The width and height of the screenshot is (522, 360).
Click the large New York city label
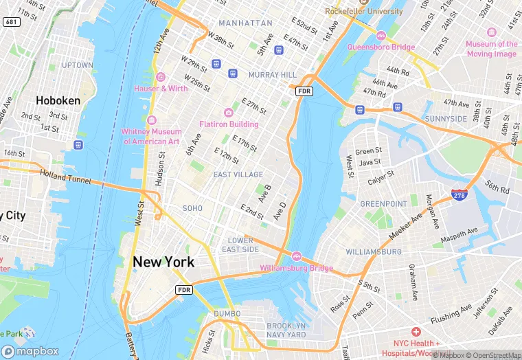[x=163, y=262]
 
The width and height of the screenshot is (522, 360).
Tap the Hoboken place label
[x=58, y=100]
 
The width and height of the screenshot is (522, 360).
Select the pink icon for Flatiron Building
[x=229, y=113]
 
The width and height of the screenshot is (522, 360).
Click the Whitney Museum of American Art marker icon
[x=151, y=120]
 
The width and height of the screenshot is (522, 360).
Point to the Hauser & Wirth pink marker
[x=161, y=77]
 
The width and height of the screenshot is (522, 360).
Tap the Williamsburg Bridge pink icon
[x=297, y=256]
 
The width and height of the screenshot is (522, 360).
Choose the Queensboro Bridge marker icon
[x=381, y=35]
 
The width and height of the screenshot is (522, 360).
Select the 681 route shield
[x=11, y=22]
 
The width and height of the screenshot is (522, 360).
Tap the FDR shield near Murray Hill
[x=304, y=91]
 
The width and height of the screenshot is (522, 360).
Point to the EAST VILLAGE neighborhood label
[x=238, y=175]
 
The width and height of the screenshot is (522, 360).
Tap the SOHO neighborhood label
[x=192, y=208]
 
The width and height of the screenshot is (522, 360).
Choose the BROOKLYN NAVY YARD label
[x=286, y=330]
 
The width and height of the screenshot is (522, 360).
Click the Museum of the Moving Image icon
[x=491, y=32]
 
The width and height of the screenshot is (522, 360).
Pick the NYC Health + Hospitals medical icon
[x=416, y=332]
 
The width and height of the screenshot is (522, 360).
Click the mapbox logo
[x=30, y=351]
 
